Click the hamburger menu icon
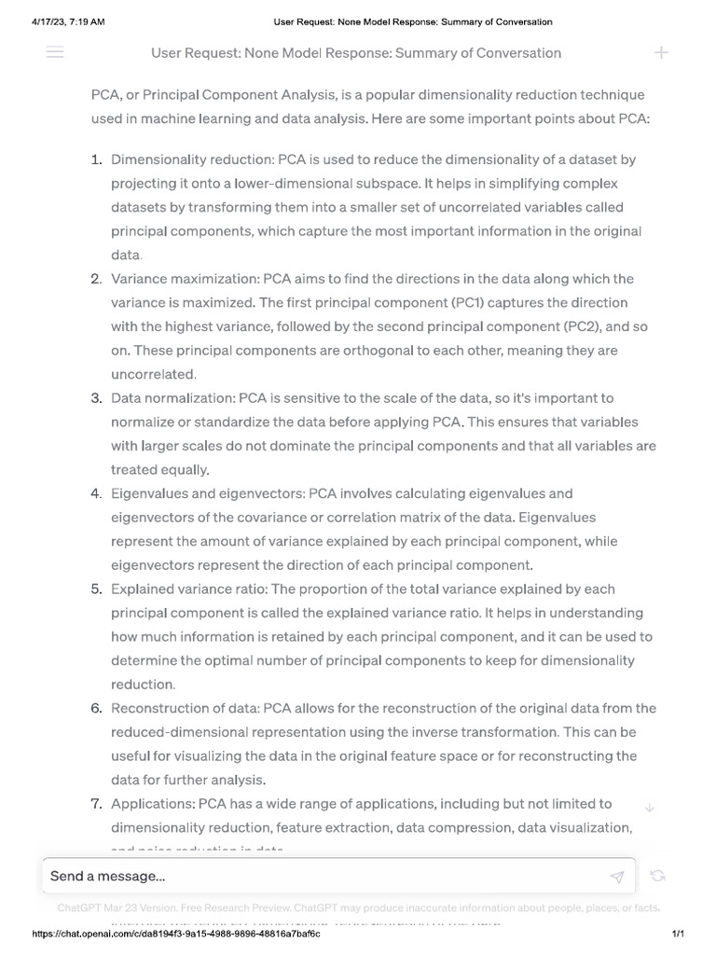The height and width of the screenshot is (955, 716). coord(55,53)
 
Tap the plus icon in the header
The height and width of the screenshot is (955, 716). coord(661,53)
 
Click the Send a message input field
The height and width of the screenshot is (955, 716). coord(317,877)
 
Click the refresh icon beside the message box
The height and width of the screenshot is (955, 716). coord(657,876)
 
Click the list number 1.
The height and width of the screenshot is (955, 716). coord(96,160)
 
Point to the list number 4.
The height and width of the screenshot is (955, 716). coord(96,493)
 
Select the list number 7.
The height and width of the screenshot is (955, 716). coord(96,804)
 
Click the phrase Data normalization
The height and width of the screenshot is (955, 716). coord(172,398)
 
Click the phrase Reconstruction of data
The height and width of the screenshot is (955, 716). coord(186,709)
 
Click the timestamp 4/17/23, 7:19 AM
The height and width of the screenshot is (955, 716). coord(62,21)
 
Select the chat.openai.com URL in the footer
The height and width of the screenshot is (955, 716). coord(176,934)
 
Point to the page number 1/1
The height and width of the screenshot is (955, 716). coord(678,934)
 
